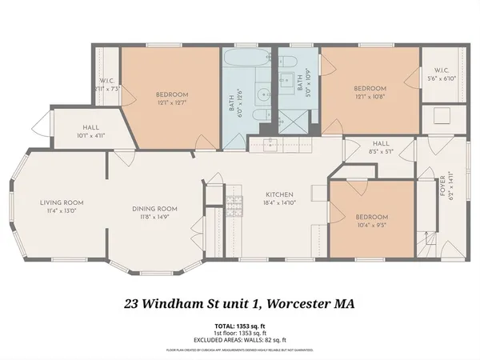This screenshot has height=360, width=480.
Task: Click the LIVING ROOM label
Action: pos(62,202)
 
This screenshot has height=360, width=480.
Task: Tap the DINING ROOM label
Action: pos(154,209)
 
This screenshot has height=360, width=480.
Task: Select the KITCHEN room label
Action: pos(280,194)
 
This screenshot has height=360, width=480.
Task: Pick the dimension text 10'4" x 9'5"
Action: pos(372,226)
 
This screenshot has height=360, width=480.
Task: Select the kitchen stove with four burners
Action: pos(234,207)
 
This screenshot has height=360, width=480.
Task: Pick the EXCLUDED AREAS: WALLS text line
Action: pos(239,342)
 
